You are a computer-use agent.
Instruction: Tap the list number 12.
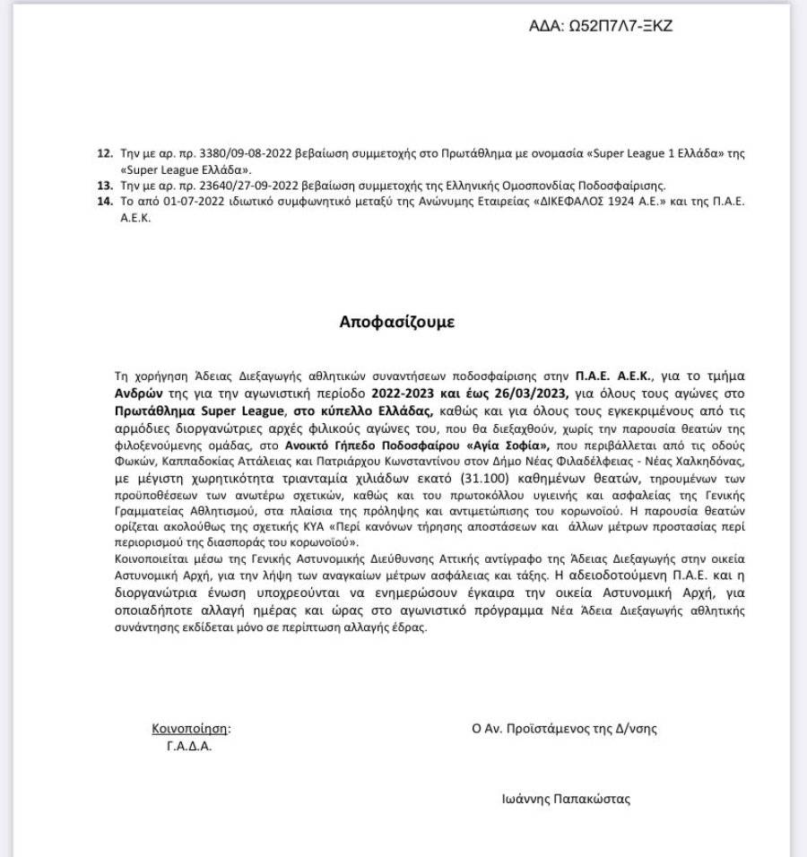pyautogui.click(x=103, y=154)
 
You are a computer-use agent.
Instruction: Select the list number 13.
pyautogui.click(x=103, y=185)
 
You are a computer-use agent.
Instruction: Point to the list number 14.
pyautogui.click(x=103, y=201)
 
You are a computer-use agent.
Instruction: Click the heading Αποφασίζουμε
pyautogui.click(x=396, y=322)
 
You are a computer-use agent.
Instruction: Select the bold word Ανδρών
pyautogui.click(x=139, y=394)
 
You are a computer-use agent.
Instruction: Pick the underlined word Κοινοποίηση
pyautogui.click(x=191, y=729)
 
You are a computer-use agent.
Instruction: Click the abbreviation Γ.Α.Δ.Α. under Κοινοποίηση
pyautogui.click(x=189, y=746)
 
